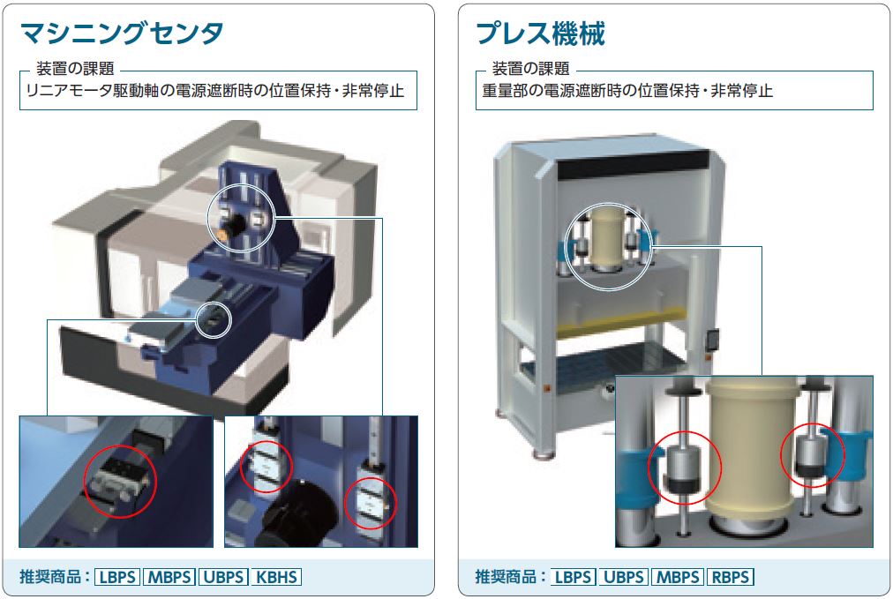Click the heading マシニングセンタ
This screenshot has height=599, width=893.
tap(121, 34)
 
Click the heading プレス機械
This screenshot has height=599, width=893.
tap(540, 34)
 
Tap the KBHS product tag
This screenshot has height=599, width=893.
tap(276, 577)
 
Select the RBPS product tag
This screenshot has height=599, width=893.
tap(731, 577)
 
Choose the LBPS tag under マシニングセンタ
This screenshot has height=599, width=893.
tap(117, 577)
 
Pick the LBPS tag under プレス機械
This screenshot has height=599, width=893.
tap(573, 577)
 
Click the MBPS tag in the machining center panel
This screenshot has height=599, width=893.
tap(169, 577)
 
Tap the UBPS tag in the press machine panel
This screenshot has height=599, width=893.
tap(624, 577)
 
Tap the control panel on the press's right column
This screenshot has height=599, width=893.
tap(712, 341)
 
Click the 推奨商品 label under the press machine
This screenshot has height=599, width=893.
tap(506, 577)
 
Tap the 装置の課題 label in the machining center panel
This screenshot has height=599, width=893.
tap(75, 69)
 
